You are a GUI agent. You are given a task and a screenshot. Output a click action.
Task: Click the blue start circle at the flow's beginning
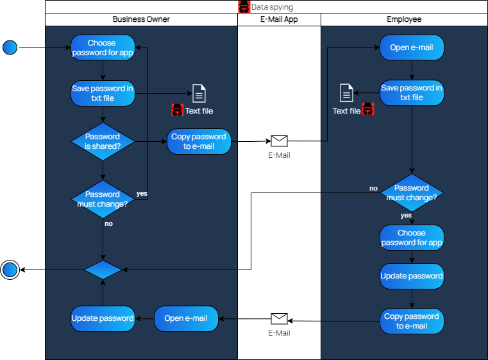(10, 47)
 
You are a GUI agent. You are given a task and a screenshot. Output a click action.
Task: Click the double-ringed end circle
(10, 270)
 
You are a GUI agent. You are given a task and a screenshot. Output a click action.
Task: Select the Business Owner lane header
(141, 19)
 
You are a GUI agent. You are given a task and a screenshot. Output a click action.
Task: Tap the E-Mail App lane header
(279, 19)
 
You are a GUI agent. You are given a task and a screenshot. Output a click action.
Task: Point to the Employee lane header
(404, 19)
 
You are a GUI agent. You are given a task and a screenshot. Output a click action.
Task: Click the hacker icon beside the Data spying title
(244, 7)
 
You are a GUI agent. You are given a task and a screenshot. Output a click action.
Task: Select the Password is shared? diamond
(103, 141)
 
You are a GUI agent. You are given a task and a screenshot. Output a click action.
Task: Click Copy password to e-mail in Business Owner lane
(199, 141)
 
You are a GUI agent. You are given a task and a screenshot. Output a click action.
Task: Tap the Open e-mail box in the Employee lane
(412, 47)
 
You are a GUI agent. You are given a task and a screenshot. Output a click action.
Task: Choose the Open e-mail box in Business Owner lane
(186, 318)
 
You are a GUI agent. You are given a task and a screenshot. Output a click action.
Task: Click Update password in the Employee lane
(412, 276)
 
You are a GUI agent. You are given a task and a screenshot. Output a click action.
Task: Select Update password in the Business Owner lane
(103, 318)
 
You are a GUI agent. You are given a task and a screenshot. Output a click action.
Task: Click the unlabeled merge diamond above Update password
(103, 270)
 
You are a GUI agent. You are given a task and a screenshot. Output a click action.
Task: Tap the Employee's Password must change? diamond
(412, 193)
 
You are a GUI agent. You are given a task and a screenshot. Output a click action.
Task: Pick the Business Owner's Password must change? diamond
(103, 199)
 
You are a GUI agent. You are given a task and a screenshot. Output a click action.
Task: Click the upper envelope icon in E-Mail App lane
(279, 141)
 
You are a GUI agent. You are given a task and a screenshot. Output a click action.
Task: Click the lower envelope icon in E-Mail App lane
(279, 319)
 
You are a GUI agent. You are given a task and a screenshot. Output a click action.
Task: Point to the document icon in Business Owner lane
(199, 94)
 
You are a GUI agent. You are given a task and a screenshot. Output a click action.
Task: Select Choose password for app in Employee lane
(412, 237)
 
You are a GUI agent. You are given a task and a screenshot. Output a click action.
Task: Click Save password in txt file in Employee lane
(412, 92)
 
